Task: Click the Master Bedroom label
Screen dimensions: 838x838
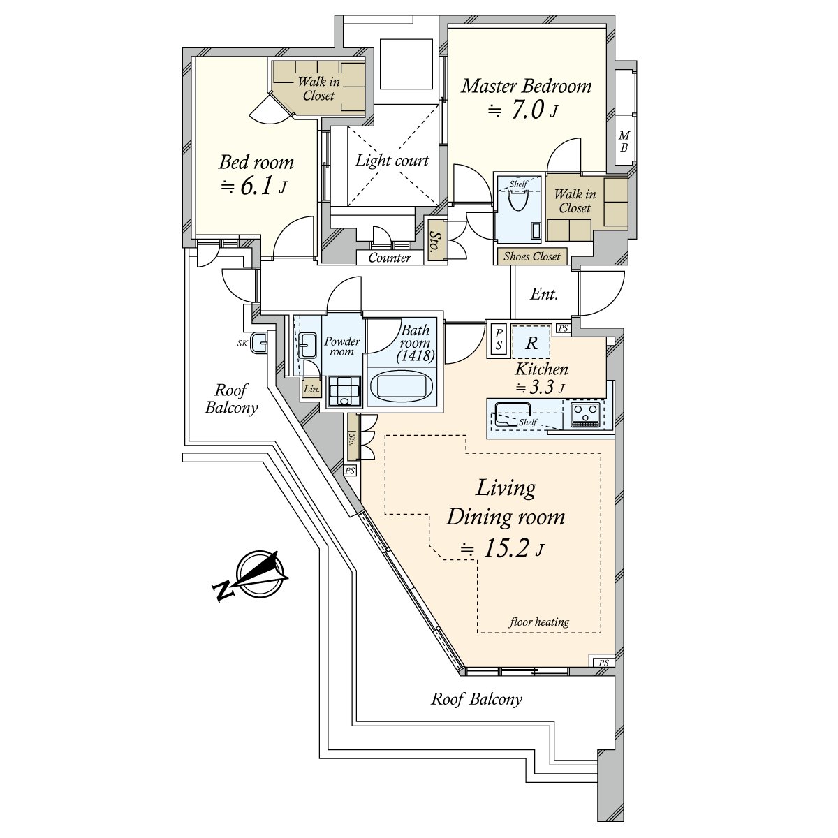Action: click(527, 87)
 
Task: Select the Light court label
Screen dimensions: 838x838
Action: click(392, 161)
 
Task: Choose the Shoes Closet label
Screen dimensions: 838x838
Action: click(532, 256)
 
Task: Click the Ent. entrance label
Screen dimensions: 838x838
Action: click(544, 294)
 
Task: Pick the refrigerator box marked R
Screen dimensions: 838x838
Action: click(531, 342)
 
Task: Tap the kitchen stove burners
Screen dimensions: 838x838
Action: click(585, 413)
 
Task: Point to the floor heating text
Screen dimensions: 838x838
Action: click(539, 622)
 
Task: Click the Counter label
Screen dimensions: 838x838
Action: click(390, 258)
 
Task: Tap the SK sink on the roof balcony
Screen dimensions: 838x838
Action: click(260, 342)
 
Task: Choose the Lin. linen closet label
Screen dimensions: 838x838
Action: click(311, 390)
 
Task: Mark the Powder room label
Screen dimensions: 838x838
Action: click(342, 346)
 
